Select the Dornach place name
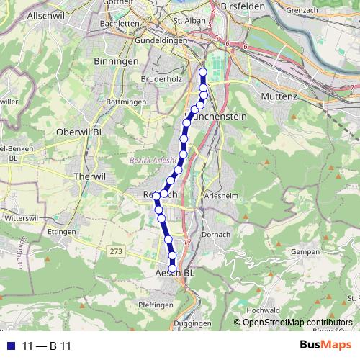click(x=215, y=235)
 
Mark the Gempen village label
click(x=306, y=251)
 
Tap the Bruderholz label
click(x=161, y=78)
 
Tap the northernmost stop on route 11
click(x=203, y=72)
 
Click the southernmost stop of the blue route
click(x=173, y=269)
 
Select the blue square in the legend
click(x=9, y=346)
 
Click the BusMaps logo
click(x=324, y=346)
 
